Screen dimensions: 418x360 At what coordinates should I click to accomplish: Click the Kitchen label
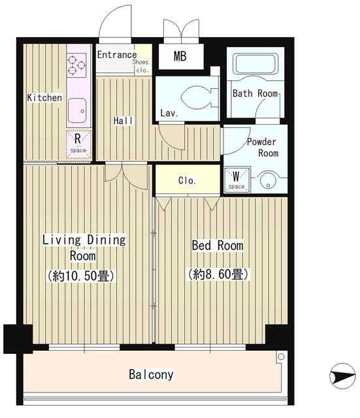click(x=44, y=98)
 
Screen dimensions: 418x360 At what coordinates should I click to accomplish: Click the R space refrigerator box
click(x=78, y=142)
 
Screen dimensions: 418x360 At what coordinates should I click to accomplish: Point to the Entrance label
click(x=117, y=55)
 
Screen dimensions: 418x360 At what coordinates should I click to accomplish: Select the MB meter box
click(x=180, y=56)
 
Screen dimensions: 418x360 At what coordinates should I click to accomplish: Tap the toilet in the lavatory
click(x=195, y=99)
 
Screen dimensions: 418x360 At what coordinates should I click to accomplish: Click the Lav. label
click(x=170, y=113)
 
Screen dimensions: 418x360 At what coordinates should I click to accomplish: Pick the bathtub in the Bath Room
click(x=255, y=66)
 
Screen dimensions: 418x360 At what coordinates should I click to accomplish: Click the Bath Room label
click(x=255, y=93)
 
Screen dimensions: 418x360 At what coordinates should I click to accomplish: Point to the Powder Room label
click(x=261, y=148)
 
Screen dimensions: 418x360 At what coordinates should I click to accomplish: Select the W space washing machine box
click(x=236, y=179)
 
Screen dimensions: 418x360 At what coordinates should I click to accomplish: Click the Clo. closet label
click(x=188, y=181)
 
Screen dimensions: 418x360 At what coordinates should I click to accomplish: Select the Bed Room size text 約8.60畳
click(x=218, y=274)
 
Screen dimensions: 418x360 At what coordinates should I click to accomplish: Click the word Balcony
click(x=151, y=375)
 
